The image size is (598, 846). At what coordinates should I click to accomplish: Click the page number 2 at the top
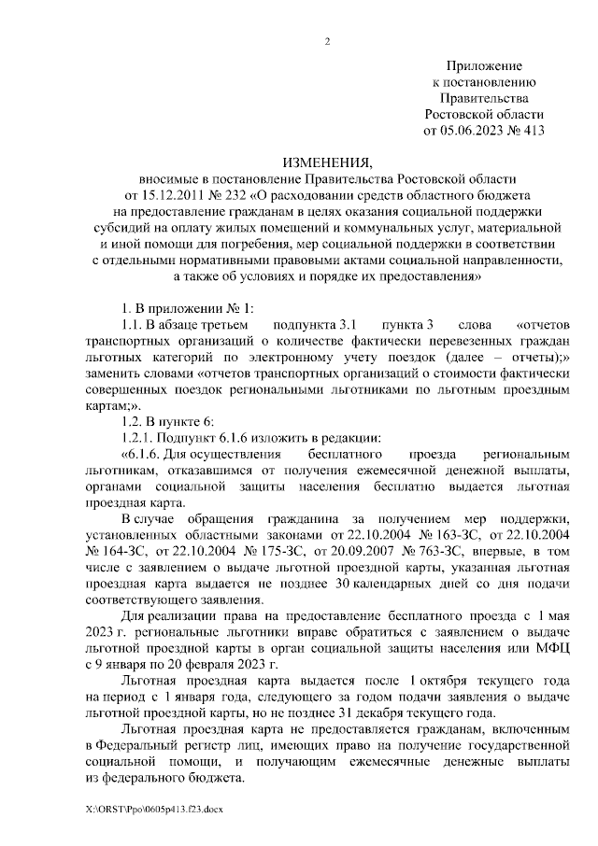pyautogui.click(x=327, y=40)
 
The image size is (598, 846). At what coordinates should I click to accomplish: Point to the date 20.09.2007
pyautogui.click(x=344, y=550)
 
